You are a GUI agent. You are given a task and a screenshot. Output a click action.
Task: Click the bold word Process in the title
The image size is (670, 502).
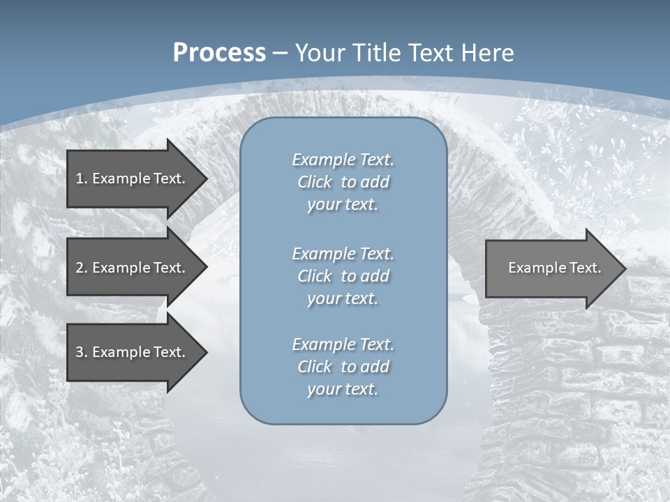coord(219,53)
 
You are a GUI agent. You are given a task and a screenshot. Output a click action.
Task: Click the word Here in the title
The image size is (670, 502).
coord(488,53)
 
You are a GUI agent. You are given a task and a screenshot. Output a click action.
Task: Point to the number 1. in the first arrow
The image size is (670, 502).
coord(81,178)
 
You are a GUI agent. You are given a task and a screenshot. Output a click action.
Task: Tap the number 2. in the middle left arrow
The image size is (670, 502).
coord(81,268)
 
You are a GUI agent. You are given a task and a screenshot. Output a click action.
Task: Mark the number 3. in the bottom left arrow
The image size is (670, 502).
coord(81,352)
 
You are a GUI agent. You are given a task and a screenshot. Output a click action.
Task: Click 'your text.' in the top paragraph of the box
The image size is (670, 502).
coord(343,204)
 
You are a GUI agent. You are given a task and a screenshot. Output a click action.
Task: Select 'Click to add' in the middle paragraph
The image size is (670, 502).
coord(343,276)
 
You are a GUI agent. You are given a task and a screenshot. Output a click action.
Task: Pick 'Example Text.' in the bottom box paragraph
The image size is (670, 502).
coord(343,344)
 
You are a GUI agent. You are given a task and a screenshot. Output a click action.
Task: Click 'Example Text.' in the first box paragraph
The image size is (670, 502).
coord(343,160)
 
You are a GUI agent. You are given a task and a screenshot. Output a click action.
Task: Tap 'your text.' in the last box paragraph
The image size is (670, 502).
coord(343,389)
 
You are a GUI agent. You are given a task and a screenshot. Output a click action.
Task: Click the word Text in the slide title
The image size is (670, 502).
coord(433,53)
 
